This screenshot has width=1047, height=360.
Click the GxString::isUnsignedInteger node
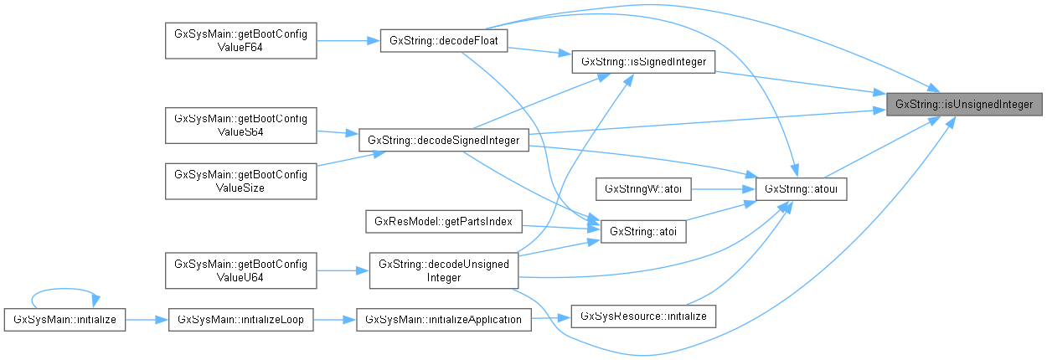pyautogui.click(x=965, y=104)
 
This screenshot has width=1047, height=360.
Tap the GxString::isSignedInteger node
pyautogui.click(x=642, y=62)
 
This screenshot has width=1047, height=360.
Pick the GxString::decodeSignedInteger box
pyautogui.click(x=444, y=140)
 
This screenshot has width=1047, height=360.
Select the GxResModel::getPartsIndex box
pyautogui.click(x=444, y=222)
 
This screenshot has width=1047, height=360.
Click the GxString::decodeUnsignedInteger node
pyautogui.click(x=444, y=270)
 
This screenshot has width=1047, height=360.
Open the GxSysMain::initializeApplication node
pyautogui.click(x=444, y=319)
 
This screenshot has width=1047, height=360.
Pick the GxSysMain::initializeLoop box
pyautogui.click(x=241, y=319)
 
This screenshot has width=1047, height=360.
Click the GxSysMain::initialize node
pyautogui.click(x=64, y=319)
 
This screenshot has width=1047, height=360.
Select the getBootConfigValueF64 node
pyautogui.click(x=241, y=41)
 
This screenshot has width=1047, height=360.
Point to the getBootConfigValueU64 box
pyautogui.click(x=241, y=270)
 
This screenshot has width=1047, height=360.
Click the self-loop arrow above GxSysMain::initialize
pyautogui.click(x=64, y=292)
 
